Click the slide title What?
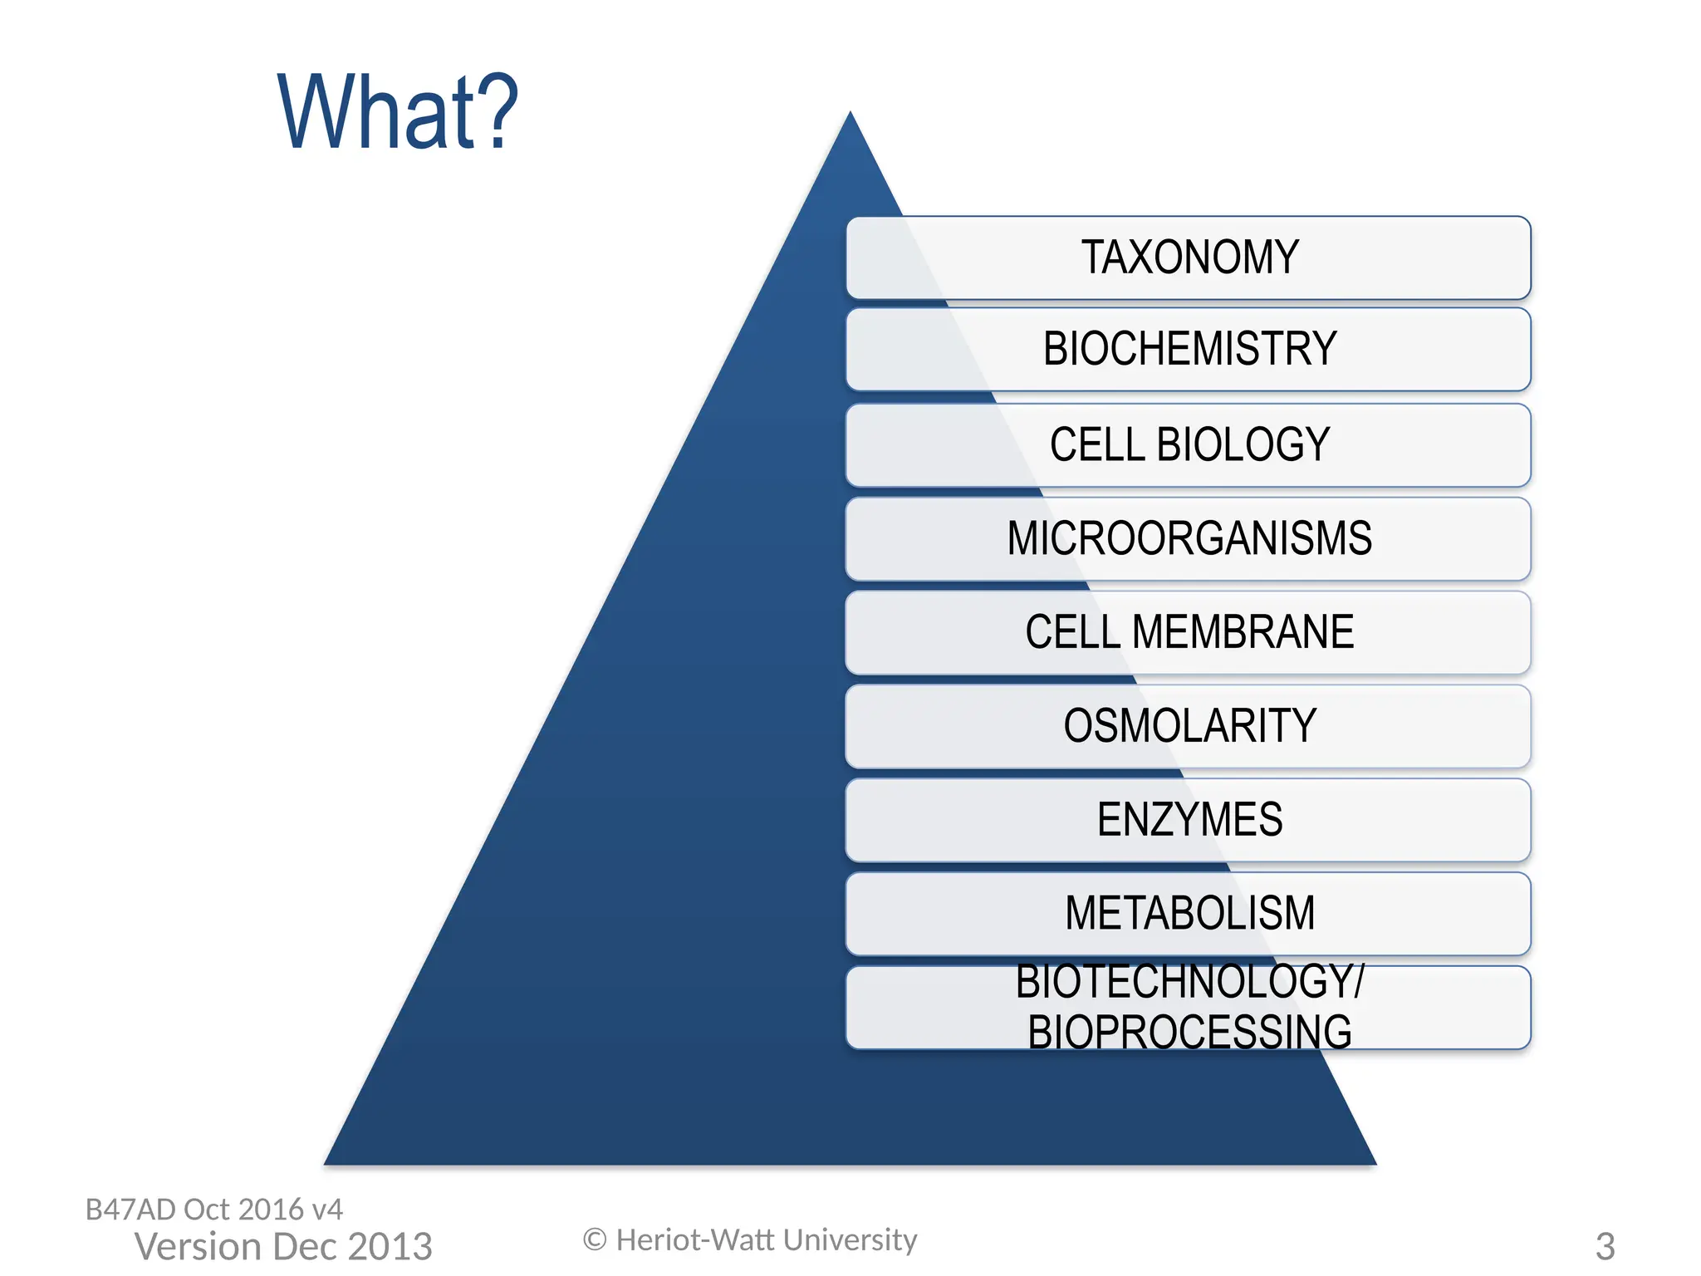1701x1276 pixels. tap(397, 112)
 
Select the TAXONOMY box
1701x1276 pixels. tap(1189, 258)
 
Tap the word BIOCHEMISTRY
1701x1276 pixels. tap(1189, 349)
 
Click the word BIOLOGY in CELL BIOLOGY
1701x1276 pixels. tap(1243, 444)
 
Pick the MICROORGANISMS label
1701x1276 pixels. tap(1189, 538)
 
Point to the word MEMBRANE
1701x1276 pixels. tap(1243, 632)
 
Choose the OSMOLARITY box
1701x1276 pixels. tap(1189, 726)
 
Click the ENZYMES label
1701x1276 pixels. tap(1189, 820)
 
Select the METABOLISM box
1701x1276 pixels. tap(1189, 914)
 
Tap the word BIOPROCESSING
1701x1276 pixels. tap(1189, 1033)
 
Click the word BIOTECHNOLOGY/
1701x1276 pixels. tap(1189, 982)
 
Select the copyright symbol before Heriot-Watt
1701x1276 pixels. tap(595, 1240)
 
